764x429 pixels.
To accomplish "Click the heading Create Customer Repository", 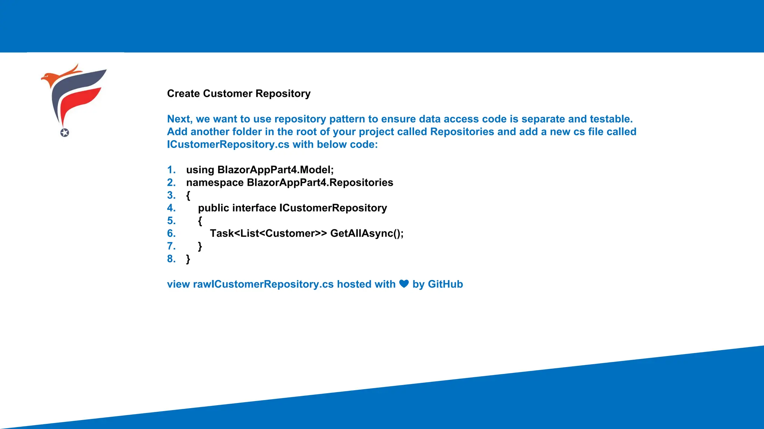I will click(x=239, y=93).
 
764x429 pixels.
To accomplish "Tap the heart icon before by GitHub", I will click(x=404, y=284).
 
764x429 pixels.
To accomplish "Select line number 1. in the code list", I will click(x=171, y=170).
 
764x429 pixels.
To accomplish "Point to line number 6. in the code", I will click(x=171, y=233).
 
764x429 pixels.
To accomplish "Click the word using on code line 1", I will click(x=200, y=170).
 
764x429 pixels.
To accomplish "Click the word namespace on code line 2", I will click(x=215, y=182).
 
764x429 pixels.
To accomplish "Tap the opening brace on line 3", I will click(x=188, y=196).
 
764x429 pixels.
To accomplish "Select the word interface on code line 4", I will click(x=254, y=208).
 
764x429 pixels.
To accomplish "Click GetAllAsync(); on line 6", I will click(x=367, y=233).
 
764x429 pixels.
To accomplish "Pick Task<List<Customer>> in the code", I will click(x=268, y=233).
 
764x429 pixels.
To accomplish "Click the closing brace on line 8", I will click(x=188, y=259).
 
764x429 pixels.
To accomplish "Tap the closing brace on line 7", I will click(x=200, y=247).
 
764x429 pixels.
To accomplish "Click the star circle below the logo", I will click(x=65, y=133).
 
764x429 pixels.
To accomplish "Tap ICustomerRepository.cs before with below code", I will click(x=228, y=144).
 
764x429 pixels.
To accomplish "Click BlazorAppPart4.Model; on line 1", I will click(x=275, y=170).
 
